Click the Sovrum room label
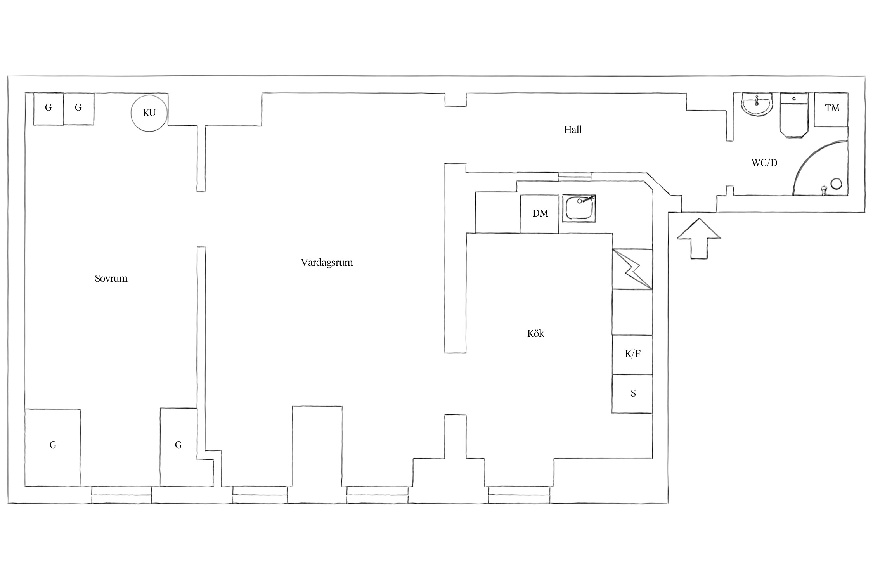pos(111,278)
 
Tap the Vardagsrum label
pos(327,263)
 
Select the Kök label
pos(535,333)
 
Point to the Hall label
pos(573,130)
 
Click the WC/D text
pos(764,163)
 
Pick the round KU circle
pos(149,113)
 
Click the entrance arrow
pos(699,238)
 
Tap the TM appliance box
pos(831,109)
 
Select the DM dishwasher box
pos(539,214)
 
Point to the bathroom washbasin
pos(757,105)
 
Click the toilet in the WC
pos(794,115)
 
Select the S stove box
pos(632,393)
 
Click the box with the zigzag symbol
pos(632,269)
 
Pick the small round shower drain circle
pos(836,184)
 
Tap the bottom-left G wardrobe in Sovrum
pos(53,447)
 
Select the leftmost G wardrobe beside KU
pos(48,109)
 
